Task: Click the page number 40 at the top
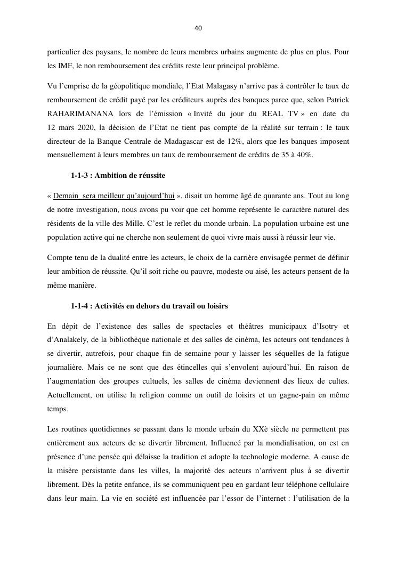click(198, 28)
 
